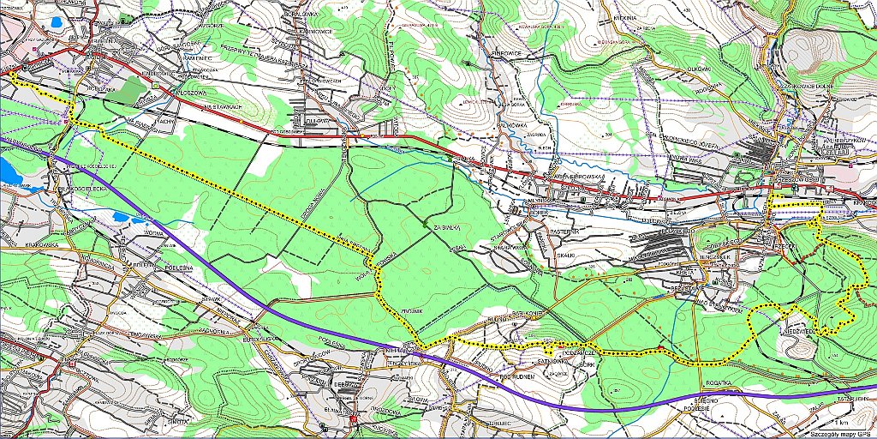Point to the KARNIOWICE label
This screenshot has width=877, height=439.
(x=313, y=34)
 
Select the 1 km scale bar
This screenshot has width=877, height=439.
(x=843, y=422)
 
